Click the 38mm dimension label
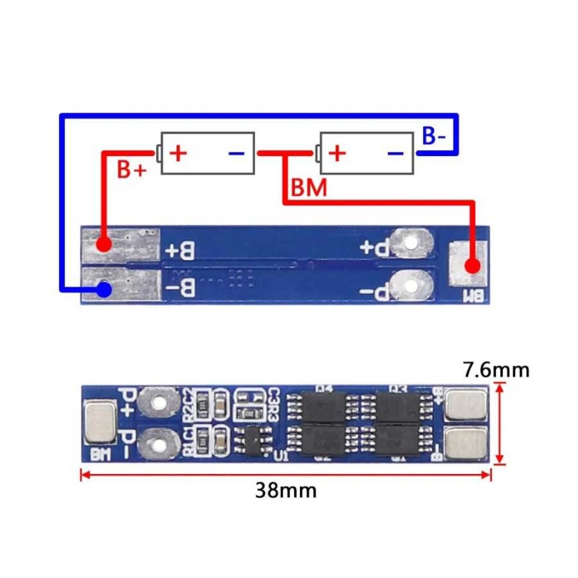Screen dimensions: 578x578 click(286, 491)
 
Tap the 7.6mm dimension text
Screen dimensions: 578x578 click(497, 369)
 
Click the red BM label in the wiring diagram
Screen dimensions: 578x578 click(309, 188)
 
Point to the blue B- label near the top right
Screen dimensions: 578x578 click(434, 136)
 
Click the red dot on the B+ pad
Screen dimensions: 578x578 click(104, 244)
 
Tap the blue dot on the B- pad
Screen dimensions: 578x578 click(104, 288)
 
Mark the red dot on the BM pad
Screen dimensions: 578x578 click(473, 266)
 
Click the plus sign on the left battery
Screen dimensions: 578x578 click(179, 153)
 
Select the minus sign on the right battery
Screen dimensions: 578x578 click(395, 153)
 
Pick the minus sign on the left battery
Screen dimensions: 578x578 click(237, 153)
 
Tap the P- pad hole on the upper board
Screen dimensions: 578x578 click(411, 286)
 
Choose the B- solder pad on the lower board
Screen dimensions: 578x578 click(467, 446)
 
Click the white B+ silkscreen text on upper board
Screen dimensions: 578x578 click(180, 251)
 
